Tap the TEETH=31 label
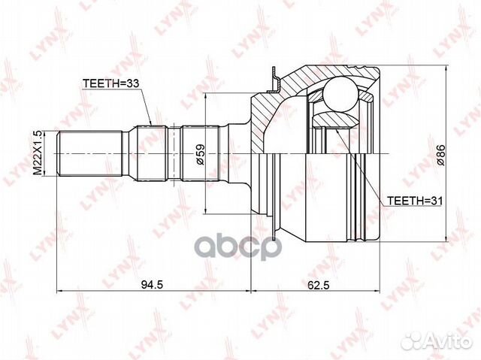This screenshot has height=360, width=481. click(x=415, y=201)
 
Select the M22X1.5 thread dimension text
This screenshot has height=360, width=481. click(x=38, y=153)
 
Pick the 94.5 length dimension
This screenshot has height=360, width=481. click(x=152, y=285)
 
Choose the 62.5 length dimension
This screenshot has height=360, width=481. click(x=318, y=285)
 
